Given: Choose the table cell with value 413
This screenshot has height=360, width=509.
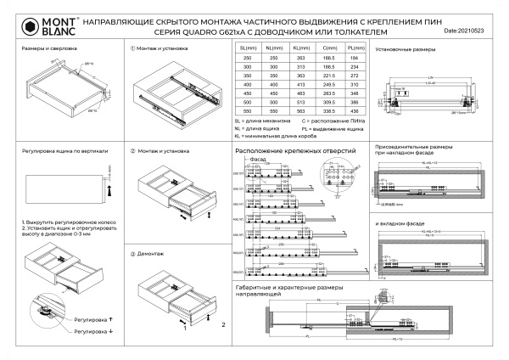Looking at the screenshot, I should click(300, 85).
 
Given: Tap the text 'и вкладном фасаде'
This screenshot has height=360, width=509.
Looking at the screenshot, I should click(400, 223).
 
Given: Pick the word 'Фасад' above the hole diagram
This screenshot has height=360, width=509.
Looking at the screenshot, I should click(259, 159).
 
